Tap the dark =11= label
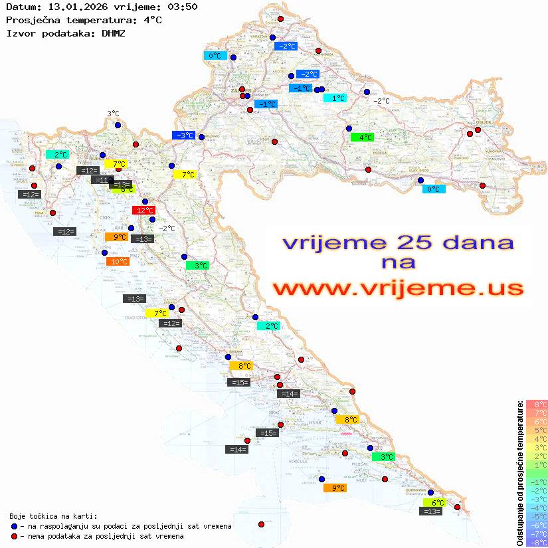click(x=102, y=180)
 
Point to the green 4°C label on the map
click(x=362, y=137)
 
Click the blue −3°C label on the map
click(x=183, y=135)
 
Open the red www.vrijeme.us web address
click(x=397, y=288)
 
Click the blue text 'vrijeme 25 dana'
click(x=397, y=243)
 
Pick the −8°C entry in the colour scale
click(x=536, y=542)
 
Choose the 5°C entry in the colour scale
click(x=536, y=430)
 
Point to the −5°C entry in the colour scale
click(x=536, y=516)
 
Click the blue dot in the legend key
click(x=14, y=526)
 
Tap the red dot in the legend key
click(x=14, y=536)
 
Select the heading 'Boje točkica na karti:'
click(x=53, y=516)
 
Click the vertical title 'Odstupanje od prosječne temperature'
click(x=519, y=473)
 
